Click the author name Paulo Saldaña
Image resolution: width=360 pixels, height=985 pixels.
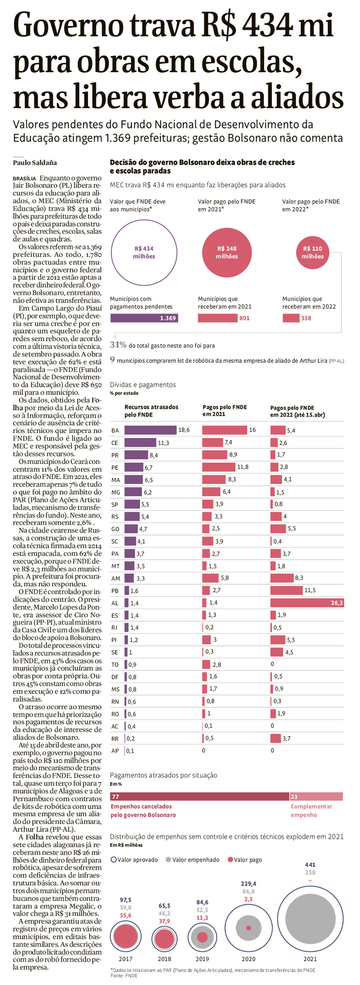click(x=35, y=162)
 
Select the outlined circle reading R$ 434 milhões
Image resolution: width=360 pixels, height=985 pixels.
click(x=144, y=252)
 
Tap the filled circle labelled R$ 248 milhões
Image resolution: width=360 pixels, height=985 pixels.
click(x=227, y=252)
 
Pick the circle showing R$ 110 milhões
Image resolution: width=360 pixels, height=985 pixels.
click(x=312, y=252)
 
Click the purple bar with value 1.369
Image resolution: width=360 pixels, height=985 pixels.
click(x=144, y=318)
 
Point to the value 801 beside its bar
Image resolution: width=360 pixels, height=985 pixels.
click(x=244, y=318)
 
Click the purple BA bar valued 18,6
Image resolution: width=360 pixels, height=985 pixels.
click(x=150, y=430)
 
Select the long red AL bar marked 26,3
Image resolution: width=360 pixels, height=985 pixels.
click(x=307, y=603)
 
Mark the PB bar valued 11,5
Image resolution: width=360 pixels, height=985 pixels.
click(x=286, y=590)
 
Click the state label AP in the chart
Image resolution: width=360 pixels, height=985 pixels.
click(x=115, y=751)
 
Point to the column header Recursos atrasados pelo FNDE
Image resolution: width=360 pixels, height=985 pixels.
click(x=144, y=411)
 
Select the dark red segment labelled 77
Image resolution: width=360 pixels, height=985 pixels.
click(x=200, y=797)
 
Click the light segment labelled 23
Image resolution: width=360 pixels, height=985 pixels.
click(x=316, y=797)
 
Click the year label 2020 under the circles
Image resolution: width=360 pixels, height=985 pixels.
click(x=248, y=959)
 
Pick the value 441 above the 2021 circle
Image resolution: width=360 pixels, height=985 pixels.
click(x=310, y=865)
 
